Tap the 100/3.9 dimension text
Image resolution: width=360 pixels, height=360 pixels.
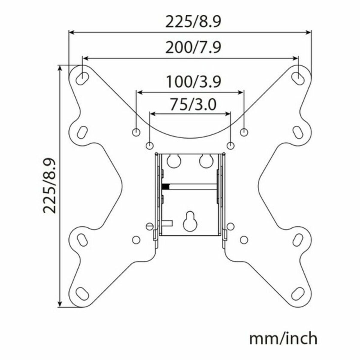pos(193,82)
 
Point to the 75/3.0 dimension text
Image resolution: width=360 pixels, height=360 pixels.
pos(193,105)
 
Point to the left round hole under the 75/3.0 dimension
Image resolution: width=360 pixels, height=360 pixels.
pos(149,145)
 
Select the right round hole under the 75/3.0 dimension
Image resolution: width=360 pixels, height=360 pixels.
pos(230,145)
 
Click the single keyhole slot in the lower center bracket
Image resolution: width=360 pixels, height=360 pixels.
pos(189,221)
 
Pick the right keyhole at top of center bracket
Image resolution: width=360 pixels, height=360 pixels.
pos(205,160)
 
